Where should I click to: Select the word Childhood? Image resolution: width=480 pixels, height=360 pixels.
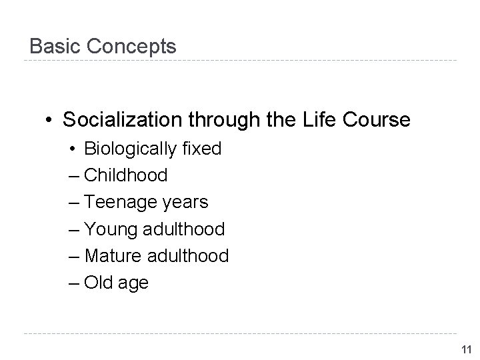tap(126, 175)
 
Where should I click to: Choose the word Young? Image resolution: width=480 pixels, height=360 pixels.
tap(111, 229)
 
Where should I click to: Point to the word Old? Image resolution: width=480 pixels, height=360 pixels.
tap(99, 282)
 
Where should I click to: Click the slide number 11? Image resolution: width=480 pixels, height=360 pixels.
tap(467, 349)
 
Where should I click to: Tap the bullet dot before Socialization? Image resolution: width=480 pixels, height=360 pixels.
tap(49, 121)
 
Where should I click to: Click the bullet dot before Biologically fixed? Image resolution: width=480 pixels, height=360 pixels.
tap(71, 149)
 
